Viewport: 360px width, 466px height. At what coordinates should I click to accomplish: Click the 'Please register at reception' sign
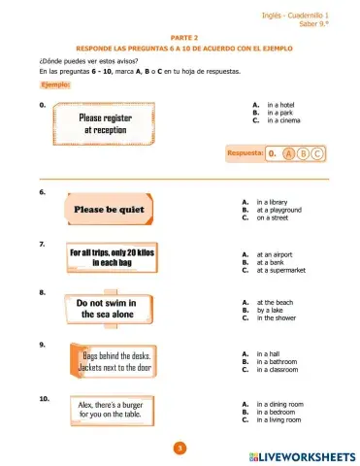click(x=107, y=123)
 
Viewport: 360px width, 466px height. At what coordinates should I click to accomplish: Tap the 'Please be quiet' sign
click(x=109, y=209)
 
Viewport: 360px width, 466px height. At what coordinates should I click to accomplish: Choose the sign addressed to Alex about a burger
click(x=114, y=410)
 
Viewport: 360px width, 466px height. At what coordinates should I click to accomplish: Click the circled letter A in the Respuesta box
click(x=290, y=152)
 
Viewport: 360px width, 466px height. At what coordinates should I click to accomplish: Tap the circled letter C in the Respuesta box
click(x=316, y=152)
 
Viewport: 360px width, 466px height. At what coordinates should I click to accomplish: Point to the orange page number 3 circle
click(x=180, y=448)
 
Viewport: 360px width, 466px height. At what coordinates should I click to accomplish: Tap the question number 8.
click(x=42, y=291)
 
